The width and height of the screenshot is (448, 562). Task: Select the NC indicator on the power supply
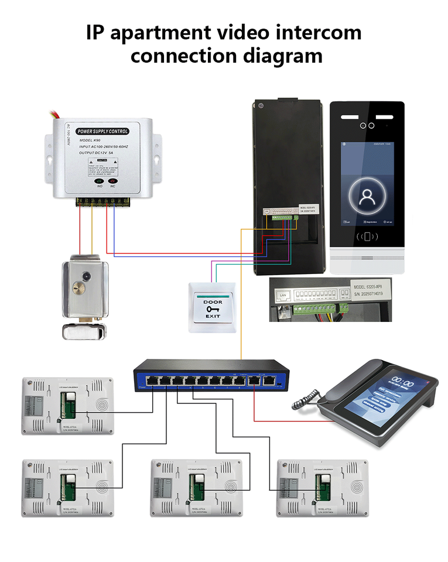click(x=113, y=180)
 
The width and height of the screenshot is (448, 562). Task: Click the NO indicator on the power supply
click(x=100, y=180)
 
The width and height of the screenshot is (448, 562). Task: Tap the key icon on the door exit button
click(x=213, y=309)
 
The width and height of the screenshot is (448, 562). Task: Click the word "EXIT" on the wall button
click(x=213, y=317)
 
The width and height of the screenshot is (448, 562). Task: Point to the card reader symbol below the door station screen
click(x=367, y=237)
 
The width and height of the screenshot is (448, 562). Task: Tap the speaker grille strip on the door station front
click(x=367, y=258)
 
